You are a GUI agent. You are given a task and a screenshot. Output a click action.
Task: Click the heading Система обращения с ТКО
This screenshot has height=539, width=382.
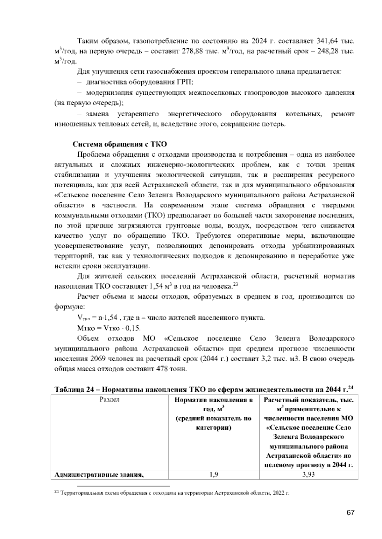point(120,144)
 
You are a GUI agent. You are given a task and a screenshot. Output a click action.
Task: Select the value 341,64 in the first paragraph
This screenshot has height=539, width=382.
point(326,41)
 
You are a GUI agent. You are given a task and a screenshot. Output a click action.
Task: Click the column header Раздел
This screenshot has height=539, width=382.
point(110,400)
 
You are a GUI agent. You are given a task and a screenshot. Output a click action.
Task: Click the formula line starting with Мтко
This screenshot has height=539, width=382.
point(109,328)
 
